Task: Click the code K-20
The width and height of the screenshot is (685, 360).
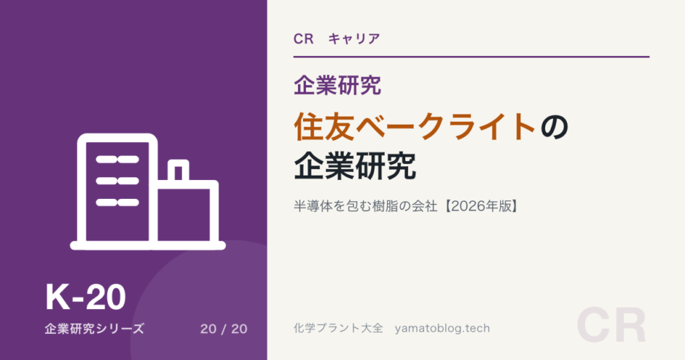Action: [x=86, y=297]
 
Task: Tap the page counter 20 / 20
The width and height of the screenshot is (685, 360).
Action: [x=224, y=329]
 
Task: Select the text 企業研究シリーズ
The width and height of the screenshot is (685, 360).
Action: [x=94, y=329]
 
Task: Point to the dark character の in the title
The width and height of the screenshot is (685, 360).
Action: [x=554, y=127]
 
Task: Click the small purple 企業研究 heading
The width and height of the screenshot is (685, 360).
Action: [x=337, y=85]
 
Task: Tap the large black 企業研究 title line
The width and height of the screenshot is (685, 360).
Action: [x=355, y=166]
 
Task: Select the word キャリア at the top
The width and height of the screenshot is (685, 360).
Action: [x=354, y=39]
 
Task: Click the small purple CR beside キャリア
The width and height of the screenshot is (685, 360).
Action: [x=304, y=39]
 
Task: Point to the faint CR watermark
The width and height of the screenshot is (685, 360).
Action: [x=611, y=326]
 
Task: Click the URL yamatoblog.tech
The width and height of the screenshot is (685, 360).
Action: [x=442, y=329]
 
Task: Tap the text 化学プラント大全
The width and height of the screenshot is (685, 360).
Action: [x=338, y=328]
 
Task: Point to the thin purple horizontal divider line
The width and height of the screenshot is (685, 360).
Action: [x=471, y=57]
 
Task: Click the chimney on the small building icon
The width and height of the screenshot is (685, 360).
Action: [x=179, y=171]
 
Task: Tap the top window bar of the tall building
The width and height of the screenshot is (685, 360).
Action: [x=117, y=160]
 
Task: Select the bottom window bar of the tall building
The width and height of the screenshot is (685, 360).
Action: [x=117, y=203]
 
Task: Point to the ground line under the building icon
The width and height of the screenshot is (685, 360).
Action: [x=148, y=246]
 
